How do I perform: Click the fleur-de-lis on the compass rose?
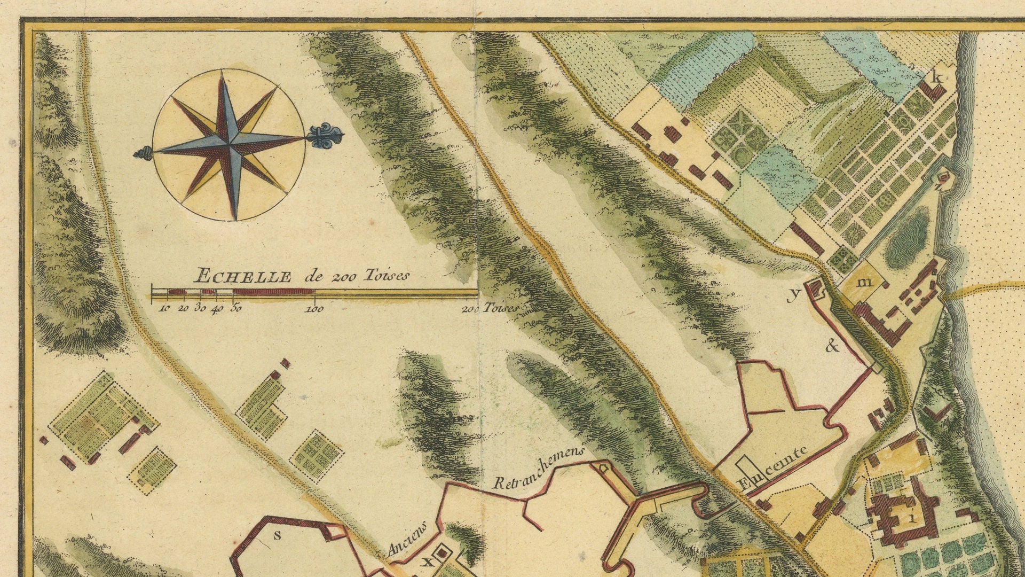click(x=325, y=136)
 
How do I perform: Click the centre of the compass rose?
click(x=228, y=144)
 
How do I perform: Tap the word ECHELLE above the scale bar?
click(x=243, y=277)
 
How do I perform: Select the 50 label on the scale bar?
click(x=235, y=308)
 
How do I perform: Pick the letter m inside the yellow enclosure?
click(x=864, y=282)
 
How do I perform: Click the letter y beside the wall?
click(x=795, y=293)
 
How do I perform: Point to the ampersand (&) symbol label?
click(x=832, y=347)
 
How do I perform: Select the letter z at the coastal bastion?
click(x=938, y=186)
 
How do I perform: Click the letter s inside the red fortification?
click(x=277, y=536)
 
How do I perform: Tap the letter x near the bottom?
click(x=427, y=562)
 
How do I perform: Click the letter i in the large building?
click(x=912, y=517)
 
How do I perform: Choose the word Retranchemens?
click(x=538, y=468)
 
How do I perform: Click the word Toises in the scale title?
click(x=387, y=275)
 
